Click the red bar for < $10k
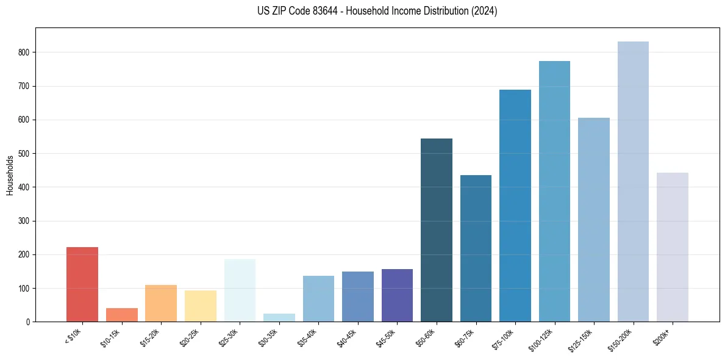[x=82, y=284]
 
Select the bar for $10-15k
[x=122, y=315]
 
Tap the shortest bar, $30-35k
[x=279, y=317]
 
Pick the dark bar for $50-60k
[x=437, y=230]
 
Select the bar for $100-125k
[x=554, y=191]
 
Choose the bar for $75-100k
[x=515, y=206]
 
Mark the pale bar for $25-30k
[x=240, y=290]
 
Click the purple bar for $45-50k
[x=397, y=295]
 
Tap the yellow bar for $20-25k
[x=201, y=306]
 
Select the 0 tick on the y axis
[x=29, y=322]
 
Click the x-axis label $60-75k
[x=465, y=336]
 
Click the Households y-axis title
[x=10, y=175]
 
